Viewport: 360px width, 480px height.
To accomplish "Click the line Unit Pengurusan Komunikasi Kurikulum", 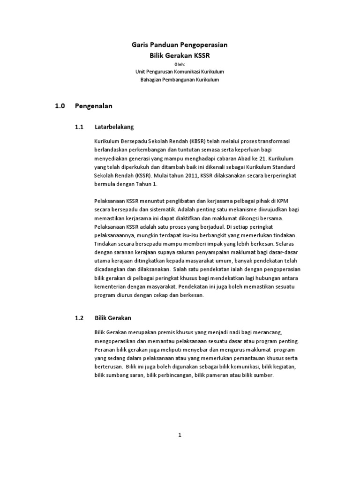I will point(180,71).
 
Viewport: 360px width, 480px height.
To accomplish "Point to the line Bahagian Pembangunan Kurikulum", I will point(180,80).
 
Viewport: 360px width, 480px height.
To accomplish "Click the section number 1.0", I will point(60,106).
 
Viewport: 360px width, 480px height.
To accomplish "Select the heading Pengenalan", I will point(94,106).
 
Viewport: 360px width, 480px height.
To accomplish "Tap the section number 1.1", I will point(79,127).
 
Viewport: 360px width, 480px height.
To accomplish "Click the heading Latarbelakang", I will point(114,127).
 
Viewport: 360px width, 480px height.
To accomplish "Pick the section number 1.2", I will point(79,318).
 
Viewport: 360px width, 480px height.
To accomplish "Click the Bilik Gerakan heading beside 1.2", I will point(112,318).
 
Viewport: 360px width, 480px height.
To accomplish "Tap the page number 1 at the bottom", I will point(180,435).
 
